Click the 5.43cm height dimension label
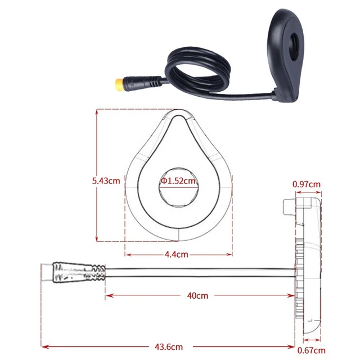[x=106, y=181]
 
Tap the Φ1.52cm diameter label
[x=178, y=181]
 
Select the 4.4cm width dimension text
[x=176, y=254]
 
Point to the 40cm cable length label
[x=197, y=295]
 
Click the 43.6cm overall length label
[x=169, y=346]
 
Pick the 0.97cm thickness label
[x=307, y=184]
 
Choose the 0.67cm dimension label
[x=311, y=350]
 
